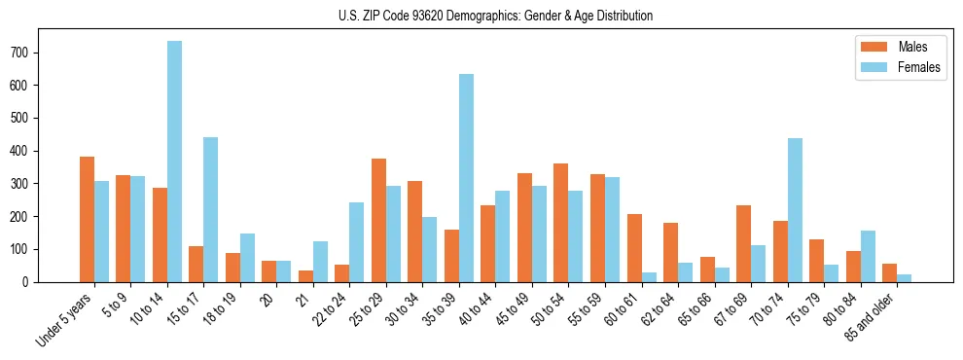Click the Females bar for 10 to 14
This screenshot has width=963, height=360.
click(x=175, y=162)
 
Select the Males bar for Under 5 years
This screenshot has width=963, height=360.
click(x=88, y=219)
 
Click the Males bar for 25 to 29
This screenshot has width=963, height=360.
click(x=379, y=220)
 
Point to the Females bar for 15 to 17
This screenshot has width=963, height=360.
click(x=211, y=209)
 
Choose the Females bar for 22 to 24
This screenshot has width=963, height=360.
click(x=357, y=242)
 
